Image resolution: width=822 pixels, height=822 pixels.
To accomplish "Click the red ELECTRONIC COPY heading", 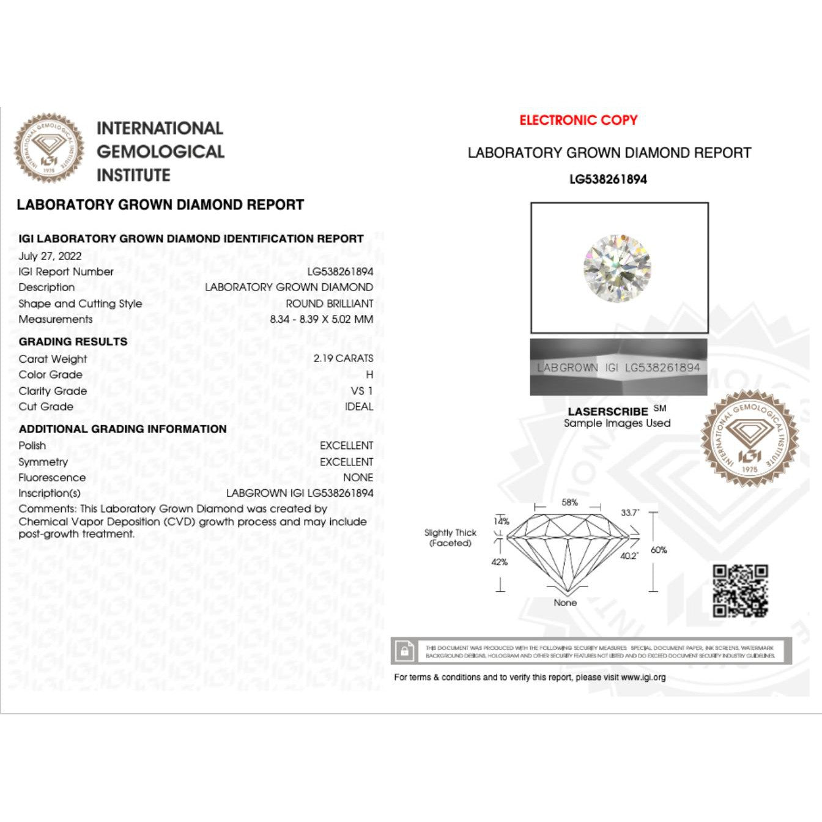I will pos(578,120).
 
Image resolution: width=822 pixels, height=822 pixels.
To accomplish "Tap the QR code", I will pos(740,591).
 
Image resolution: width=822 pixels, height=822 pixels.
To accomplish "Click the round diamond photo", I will pos(617,267).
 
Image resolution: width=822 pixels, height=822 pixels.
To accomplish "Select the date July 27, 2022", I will pos(50,256).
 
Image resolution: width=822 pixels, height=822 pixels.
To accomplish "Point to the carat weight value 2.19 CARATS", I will pos(343,358).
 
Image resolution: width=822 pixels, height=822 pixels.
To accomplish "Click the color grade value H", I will pos(369,374).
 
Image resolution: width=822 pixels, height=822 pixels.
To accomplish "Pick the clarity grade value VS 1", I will pos(361,391).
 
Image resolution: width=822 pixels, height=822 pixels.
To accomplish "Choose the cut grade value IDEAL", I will pos(358,407).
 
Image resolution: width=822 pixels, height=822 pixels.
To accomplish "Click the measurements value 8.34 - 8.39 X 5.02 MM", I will pos(321,319).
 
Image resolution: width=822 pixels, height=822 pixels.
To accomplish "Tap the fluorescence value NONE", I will pos(358,478).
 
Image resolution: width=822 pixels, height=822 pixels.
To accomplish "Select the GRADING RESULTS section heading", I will pos(73,342).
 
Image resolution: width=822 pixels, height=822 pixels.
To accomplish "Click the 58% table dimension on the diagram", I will pos(569,502).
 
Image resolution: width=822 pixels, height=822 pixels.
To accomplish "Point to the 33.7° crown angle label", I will pos(629,513).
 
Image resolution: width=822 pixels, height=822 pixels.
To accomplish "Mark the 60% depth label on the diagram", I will pos(659,550).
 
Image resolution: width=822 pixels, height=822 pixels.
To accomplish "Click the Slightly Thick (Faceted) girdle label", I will pos(450,538).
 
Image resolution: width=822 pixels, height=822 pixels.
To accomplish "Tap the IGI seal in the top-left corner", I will pos(49,149).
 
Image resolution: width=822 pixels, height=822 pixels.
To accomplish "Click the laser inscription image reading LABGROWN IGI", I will pos(618,368).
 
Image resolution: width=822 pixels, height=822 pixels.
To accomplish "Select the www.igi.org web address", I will pos(643,677).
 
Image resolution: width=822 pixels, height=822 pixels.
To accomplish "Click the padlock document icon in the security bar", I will pos(404,651).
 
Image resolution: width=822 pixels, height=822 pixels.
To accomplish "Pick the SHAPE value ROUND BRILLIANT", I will pos(329,303).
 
